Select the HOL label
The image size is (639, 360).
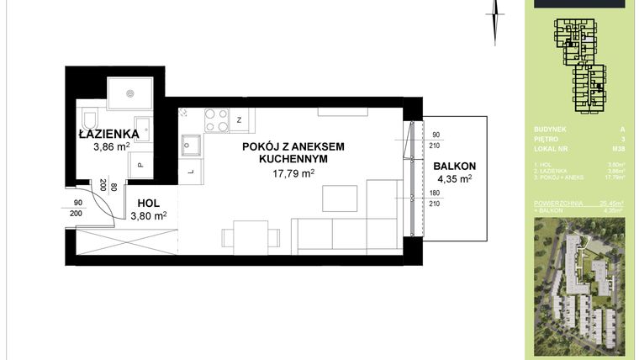[x=147, y=203]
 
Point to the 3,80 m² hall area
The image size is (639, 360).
[x=148, y=215]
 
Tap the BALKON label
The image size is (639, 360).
[x=455, y=166]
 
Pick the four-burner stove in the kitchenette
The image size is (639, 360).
[x=216, y=121]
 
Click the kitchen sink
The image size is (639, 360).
[x=190, y=145]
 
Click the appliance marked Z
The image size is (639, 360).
[x=240, y=121]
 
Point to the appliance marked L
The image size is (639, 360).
[x=191, y=172]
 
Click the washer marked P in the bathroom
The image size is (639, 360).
[x=140, y=165]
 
